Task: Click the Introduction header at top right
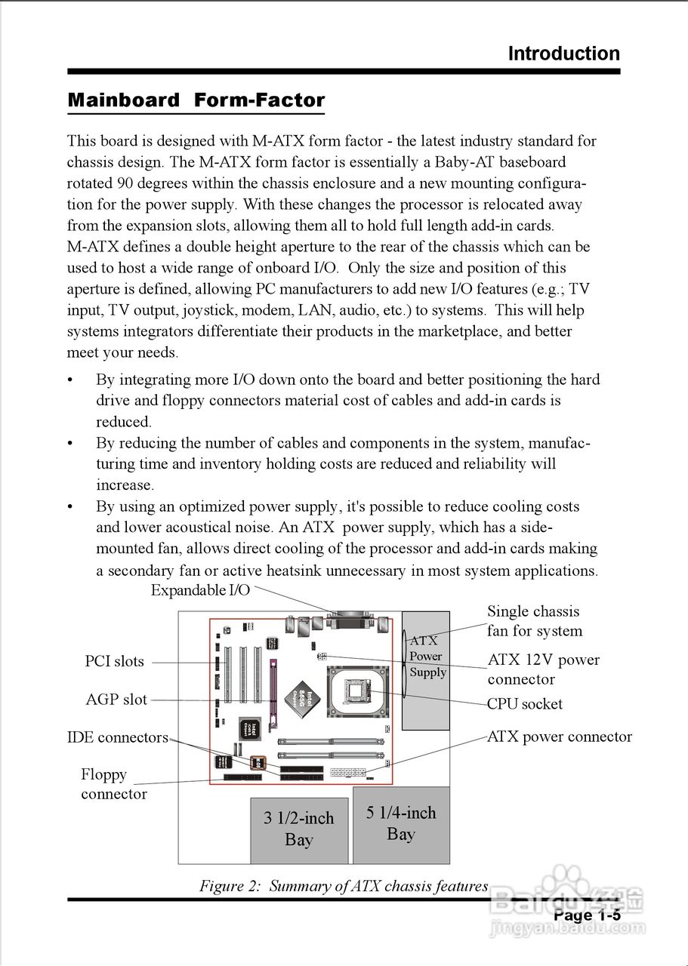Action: (x=563, y=54)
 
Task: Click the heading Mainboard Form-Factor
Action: (x=196, y=100)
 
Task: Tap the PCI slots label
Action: (x=114, y=662)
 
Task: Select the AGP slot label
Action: (x=116, y=700)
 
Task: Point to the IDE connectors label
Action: (x=118, y=737)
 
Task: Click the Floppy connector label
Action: (x=113, y=784)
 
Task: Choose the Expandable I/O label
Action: (x=200, y=590)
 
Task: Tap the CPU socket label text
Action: (x=525, y=704)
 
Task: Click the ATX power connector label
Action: (x=560, y=737)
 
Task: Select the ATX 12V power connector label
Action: (x=543, y=669)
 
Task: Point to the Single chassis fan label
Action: (x=534, y=621)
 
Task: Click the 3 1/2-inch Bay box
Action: (x=299, y=829)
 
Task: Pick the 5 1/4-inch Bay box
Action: (x=401, y=824)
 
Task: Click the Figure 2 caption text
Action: (x=344, y=886)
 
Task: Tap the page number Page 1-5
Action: (x=587, y=915)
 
